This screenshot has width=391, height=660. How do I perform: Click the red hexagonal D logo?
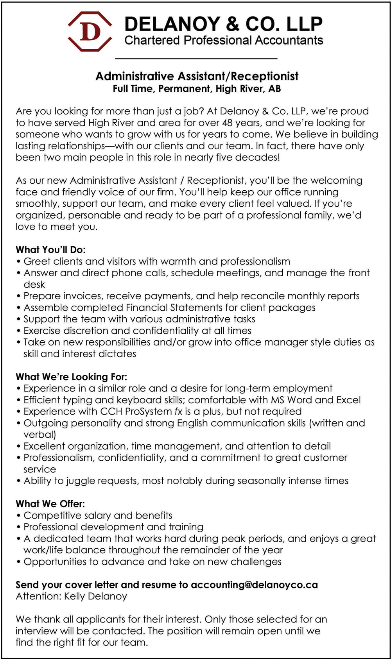click(x=90, y=32)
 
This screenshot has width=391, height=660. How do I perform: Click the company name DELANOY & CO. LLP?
click(x=223, y=24)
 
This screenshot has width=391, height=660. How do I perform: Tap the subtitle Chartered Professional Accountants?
click(x=223, y=40)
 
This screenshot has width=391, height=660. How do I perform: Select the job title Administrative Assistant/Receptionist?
click(x=197, y=76)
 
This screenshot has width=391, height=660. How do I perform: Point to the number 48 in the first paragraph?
click(x=227, y=123)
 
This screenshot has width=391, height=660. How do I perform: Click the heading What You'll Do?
click(x=50, y=250)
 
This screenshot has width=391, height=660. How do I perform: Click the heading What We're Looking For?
click(x=72, y=377)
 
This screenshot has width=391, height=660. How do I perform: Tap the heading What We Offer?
click(x=50, y=504)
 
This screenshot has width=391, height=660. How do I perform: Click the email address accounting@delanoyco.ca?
click(x=254, y=585)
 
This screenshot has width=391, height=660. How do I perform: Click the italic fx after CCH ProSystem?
click(x=178, y=411)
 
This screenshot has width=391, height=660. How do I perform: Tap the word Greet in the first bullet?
click(x=37, y=261)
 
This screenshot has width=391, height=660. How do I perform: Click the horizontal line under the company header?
click(x=196, y=59)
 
